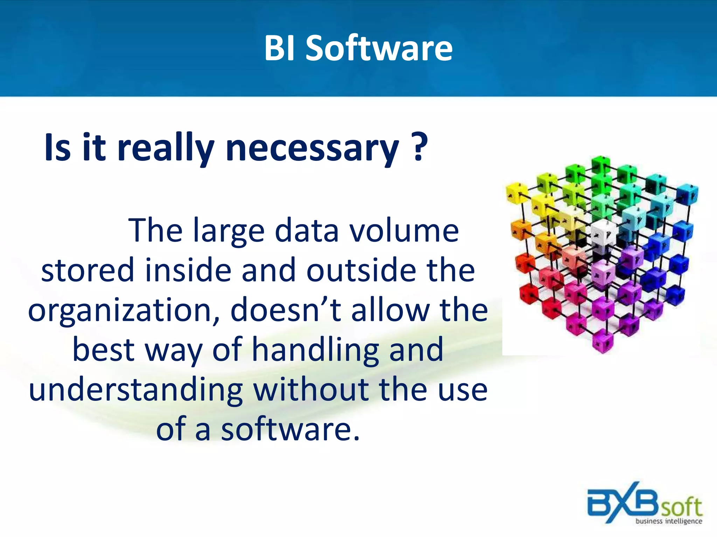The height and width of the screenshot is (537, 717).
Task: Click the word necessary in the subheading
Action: click(x=312, y=149)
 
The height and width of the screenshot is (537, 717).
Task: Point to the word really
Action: click(x=165, y=149)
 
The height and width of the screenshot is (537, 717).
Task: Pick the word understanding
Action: click(x=136, y=390)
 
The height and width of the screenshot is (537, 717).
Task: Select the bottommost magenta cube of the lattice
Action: click(x=603, y=342)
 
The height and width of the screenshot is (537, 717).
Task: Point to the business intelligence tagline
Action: click(x=669, y=521)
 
